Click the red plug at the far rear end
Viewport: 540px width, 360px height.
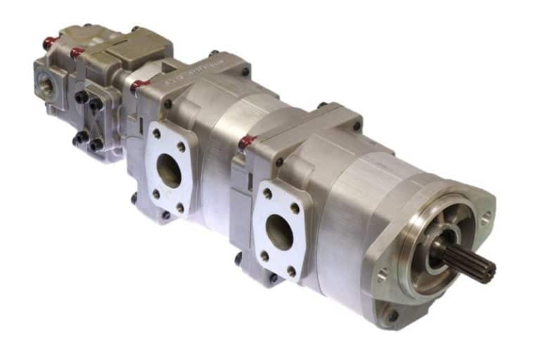tap(49, 43)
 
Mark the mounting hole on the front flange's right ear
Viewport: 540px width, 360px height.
tap(484, 220)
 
